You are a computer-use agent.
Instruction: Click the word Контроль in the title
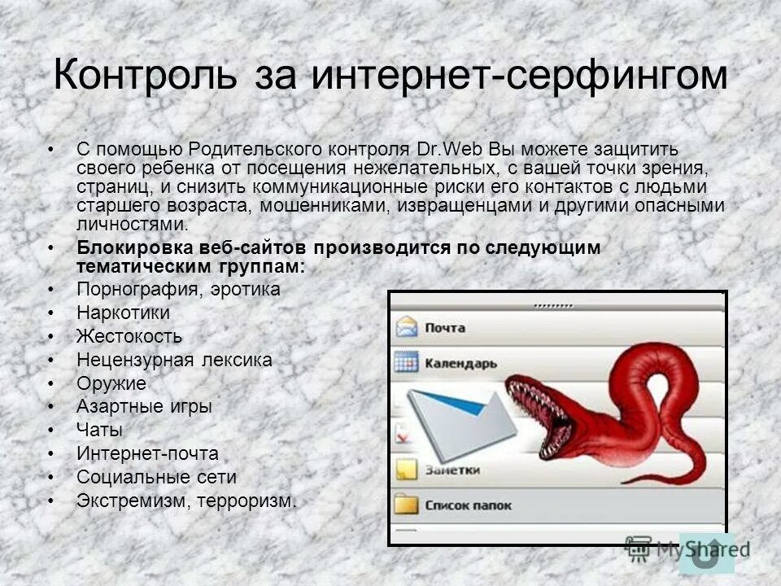146,76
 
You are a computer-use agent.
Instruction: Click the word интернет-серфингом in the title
520,76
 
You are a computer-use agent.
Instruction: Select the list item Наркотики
123,313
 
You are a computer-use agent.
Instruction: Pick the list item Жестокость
129,336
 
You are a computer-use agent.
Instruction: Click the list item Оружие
111,383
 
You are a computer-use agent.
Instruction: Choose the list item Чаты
99,430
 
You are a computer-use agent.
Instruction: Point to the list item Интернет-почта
147,453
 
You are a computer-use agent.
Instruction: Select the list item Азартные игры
144,406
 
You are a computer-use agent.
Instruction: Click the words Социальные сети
156,477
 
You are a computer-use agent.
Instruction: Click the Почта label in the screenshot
444,328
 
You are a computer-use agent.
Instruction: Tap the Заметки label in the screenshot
452,470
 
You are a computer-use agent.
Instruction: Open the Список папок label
468,505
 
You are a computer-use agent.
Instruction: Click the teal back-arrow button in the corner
706,554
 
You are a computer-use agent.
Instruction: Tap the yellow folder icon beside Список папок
406,505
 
